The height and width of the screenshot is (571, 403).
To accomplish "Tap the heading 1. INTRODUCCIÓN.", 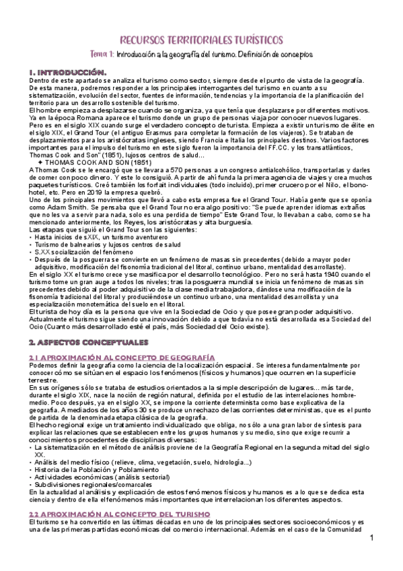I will click(x=67, y=71).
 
